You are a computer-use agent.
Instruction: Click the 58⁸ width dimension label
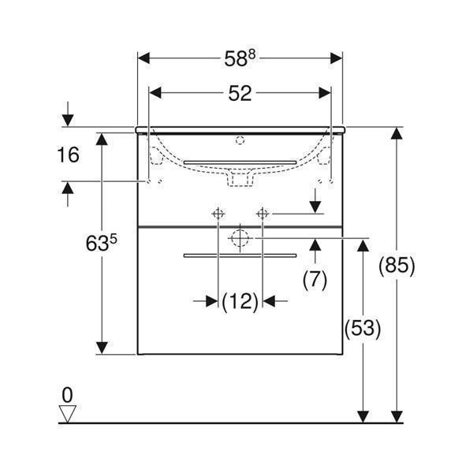[x=240, y=58]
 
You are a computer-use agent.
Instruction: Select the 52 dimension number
[x=240, y=93]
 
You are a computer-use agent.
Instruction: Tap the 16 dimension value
[x=69, y=155]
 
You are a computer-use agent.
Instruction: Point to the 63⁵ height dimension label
[x=101, y=244]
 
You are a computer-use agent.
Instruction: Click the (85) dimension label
[x=397, y=266]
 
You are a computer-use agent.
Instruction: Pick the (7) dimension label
[x=315, y=278]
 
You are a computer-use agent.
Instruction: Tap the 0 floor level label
[x=68, y=392]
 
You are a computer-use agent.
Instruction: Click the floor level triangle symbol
[x=69, y=412]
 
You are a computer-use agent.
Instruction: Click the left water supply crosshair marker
[x=217, y=213]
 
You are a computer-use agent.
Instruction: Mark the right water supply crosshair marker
[x=263, y=213]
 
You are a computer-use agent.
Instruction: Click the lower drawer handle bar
[x=240, y=255]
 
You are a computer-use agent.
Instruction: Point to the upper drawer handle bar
[x=240, y=162]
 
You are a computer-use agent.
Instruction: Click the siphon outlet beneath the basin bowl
[x=240, y=181]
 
